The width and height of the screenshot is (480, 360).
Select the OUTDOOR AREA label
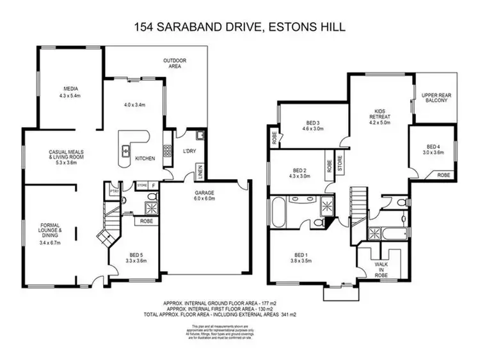[x=173, y=63]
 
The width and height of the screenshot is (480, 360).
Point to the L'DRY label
[x=189, y=151]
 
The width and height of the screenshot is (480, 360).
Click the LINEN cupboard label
[x=199, y=171]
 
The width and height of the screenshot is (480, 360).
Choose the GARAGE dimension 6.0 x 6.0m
[x=205, y=200]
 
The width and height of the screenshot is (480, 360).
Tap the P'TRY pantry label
[x=115, y=191]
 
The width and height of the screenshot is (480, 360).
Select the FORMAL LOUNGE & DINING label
[x=49, y=234]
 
